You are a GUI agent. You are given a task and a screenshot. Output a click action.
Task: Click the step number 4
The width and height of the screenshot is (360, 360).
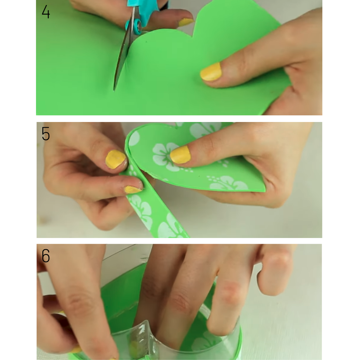tap(46, 12)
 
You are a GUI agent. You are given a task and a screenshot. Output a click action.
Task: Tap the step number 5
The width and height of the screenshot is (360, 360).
tap(46, 134)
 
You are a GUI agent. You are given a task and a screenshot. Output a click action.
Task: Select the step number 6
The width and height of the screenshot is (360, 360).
tap(46, 256)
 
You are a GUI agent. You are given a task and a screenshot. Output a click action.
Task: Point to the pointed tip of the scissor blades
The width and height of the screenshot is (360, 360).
tap(114, 90)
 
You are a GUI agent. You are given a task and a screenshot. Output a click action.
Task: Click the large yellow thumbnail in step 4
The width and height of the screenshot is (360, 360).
tap(211, 72)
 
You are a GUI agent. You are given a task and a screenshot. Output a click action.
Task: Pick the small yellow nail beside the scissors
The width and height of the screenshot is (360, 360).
tap(186, 22)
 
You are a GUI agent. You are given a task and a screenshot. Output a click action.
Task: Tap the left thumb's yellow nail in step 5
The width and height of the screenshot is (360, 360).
tap(116, 159)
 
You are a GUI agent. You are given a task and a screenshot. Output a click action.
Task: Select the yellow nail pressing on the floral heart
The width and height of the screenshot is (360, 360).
tap(180, 155)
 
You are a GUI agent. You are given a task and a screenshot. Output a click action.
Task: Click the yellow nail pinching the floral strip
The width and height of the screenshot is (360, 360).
tap(132, 190)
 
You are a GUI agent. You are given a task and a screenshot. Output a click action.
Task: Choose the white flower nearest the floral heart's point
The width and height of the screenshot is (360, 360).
tap(227, 183)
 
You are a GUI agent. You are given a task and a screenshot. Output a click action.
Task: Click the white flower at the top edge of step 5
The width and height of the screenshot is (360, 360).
tap(204, 128)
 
